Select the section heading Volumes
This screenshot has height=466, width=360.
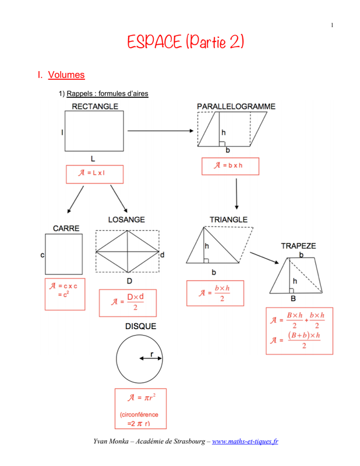(x=66, y=75)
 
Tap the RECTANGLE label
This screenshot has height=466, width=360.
(x=95, y=106)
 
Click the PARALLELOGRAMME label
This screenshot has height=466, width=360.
(x=236, y=106)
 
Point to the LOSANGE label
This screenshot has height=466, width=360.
(x=126, y=220)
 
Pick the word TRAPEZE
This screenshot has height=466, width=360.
(x=298, y=246)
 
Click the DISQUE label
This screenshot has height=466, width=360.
(x=140, y=326)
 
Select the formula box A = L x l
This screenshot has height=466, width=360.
(x=94, y=174)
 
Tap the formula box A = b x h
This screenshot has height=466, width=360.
(x=230, y=166)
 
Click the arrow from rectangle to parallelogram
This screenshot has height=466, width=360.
(x=161, y=130)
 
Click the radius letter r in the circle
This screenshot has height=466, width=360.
(x=152, y=354)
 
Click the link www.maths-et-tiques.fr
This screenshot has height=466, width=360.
(x=245, y=441)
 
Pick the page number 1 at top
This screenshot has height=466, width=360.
(x=332, y=24)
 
